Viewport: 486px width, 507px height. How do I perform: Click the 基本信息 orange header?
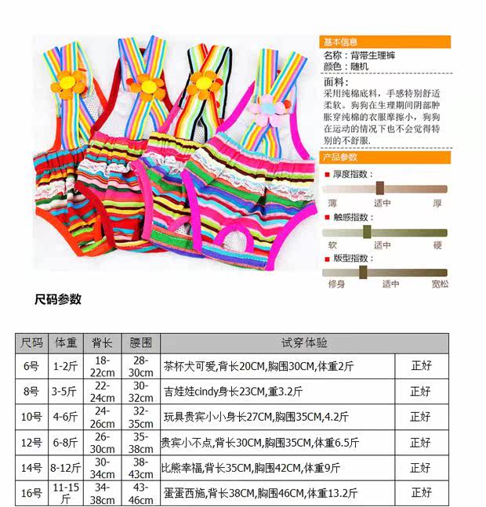tap(385, 42)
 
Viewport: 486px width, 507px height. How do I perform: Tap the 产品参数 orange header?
tap(385, 158)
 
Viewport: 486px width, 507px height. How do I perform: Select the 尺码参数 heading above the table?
tap(58, 299)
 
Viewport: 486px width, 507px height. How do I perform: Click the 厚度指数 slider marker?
tap(379, 188)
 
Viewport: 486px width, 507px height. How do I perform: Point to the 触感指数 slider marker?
tap(366, 232)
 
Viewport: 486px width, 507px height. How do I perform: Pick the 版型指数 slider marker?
tap(363, 272)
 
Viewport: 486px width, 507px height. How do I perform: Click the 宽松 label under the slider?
tap(439, 284)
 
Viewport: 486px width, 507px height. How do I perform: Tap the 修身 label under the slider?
tap(336, 284)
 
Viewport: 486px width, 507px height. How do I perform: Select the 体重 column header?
tap(65, 343)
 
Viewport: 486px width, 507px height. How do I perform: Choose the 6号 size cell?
tap(31, 365)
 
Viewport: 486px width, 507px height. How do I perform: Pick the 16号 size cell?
tap(31, 493)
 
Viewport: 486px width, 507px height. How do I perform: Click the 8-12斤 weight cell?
tap(65, 468)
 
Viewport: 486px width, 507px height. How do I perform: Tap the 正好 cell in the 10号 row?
tap(421, 416)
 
